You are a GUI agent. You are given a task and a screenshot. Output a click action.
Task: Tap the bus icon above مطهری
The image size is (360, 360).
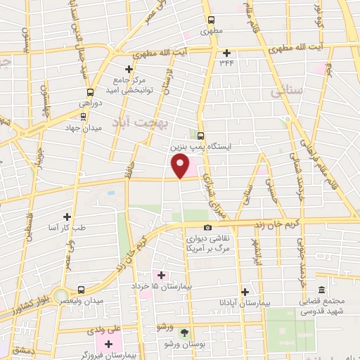(210, 20)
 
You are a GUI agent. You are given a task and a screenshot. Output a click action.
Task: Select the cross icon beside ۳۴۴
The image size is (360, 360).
(226, 53)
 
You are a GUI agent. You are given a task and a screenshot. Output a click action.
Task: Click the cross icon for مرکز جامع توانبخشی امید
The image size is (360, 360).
(129, 69)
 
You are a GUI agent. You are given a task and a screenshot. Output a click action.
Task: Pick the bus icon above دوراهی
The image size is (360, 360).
(90, 91)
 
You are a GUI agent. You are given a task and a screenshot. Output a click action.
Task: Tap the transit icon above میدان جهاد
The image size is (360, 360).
(84, 117)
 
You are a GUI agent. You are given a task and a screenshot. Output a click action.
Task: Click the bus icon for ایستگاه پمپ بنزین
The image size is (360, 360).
(201, 136)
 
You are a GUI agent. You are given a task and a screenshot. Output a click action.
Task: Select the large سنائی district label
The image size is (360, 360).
(289, 91)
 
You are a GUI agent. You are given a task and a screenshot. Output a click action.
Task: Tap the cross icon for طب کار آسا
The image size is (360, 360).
(67, 217)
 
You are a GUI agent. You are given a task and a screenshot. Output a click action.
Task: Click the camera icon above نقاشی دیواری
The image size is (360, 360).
(207, 227)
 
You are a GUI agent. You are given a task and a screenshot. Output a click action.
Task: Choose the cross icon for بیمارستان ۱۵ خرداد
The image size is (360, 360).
(160, 275)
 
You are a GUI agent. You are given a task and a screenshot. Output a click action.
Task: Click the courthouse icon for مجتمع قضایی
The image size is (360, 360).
(321, 290)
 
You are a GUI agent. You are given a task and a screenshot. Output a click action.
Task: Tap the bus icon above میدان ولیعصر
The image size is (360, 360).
(82, 289)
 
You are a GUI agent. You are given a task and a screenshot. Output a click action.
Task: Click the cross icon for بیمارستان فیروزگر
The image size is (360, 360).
(108, 344)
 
